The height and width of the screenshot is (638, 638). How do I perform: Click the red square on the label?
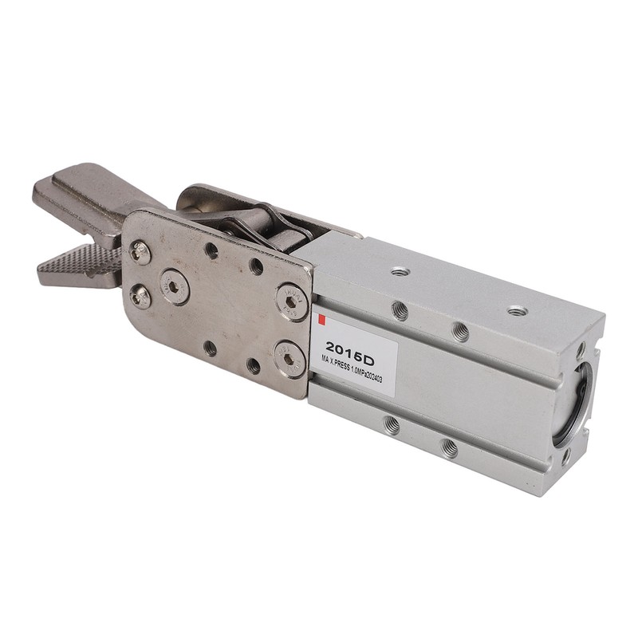[x=321, y=321]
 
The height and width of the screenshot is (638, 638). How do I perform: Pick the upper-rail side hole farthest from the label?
[x=460, y=331]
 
